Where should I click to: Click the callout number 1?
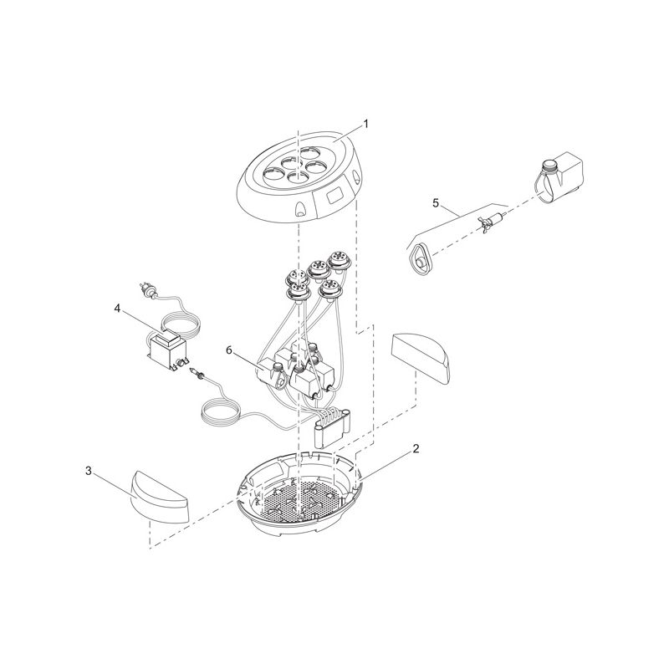pos(365,124)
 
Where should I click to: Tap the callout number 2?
pos(416,448)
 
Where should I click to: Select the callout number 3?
pos(89,471)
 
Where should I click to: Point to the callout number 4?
pos(117,309)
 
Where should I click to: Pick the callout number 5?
pos(436,203)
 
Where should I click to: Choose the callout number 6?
pos(229,350)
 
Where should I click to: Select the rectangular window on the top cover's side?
pos(335,198)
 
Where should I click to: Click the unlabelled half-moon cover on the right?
pos(421,357)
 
